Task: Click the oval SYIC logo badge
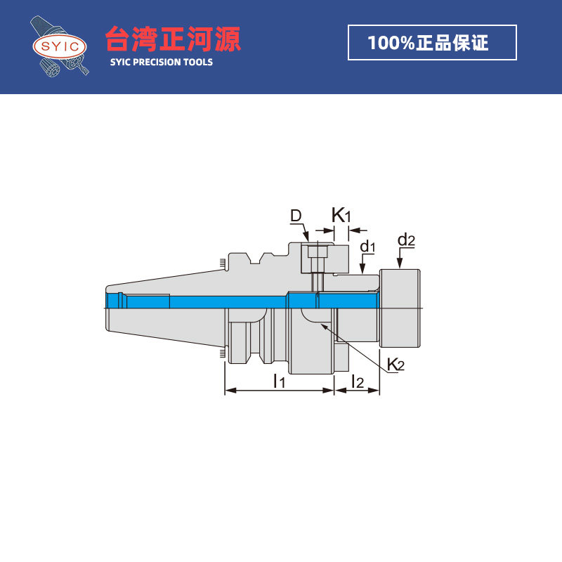(x=60, y=47)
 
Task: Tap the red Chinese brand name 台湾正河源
(x=173, y=39)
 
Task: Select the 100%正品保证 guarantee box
(x=432, y=43)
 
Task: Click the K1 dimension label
(x=341, y=215)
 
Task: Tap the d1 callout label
(x=368, y=247)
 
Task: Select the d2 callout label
(x=406, y=240)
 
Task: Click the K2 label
(x=396, y=364)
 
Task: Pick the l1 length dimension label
(x=278, y=381)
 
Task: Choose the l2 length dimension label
(x=357, y=381)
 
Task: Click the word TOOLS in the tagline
(x=196, y=62)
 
